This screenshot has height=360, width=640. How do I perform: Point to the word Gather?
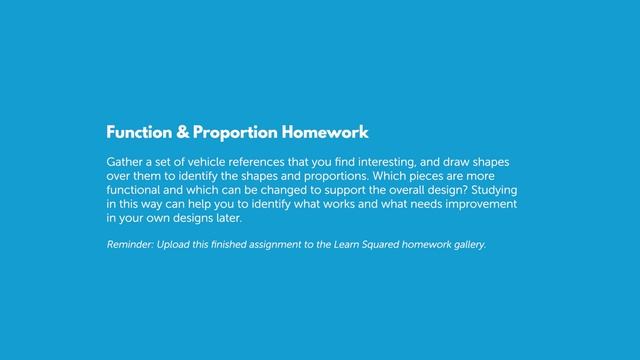coord(125,161)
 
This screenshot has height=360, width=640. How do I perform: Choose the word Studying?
coord(491,189)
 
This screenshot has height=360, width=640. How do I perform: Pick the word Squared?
coord(375,244)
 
